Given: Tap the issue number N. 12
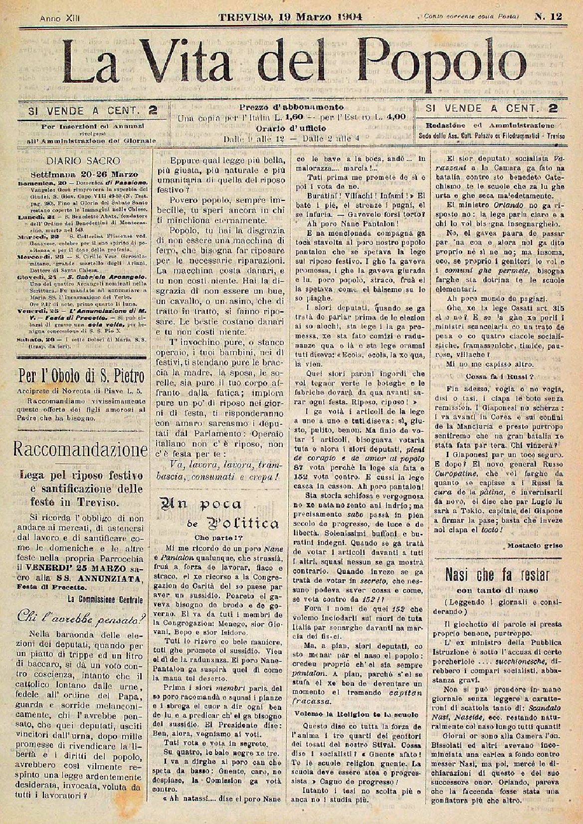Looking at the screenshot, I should [x=549, y=16].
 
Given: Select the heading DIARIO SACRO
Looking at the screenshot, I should [x=83, y=161].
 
